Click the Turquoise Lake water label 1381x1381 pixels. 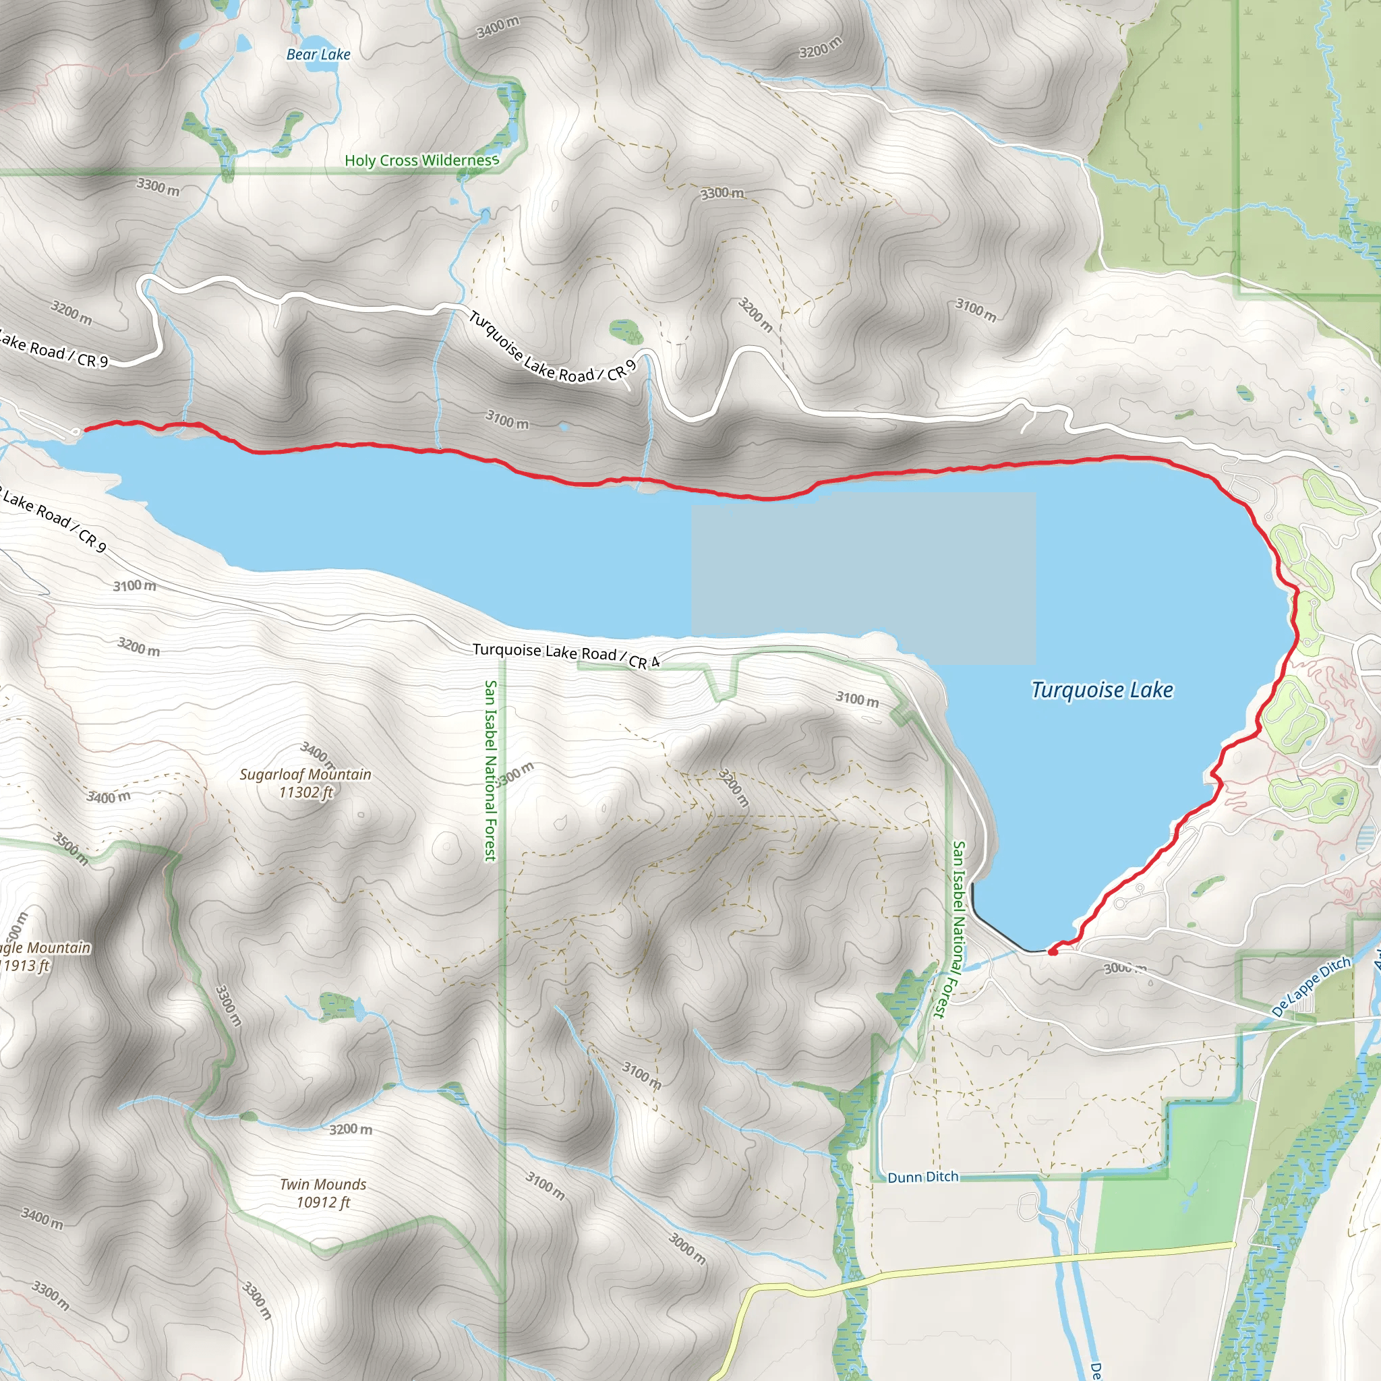pos(1102,690)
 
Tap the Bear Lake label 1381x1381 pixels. pos(318,55)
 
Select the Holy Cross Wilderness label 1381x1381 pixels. pos(421,160)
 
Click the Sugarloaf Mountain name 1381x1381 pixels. pos(305,774)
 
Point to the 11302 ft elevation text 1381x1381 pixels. pos(306,792)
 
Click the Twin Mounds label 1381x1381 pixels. pos(323,1184)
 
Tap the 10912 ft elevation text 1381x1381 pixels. pos(323,1202)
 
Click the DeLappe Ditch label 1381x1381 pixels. pos(1312,987)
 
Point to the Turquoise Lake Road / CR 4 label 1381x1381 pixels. pos(565,655)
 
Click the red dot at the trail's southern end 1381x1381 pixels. pos(1053,951)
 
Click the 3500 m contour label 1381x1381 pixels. pos(70,849)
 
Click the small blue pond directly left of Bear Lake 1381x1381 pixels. pos(243,44)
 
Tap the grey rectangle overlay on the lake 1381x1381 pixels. pos(864,578)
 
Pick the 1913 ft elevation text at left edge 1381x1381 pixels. pos(25,966)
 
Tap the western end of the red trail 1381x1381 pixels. pos(86,430)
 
